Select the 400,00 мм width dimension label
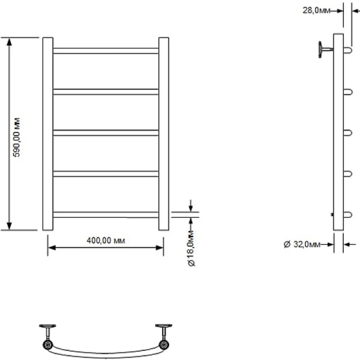pyautogui.click(x=106, y=241)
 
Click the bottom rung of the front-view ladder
pyautogui.click(x=106, y=214)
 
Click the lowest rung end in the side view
pyautogui.click(x=347, y=214)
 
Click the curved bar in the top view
pyautogui.click(x=105, y=351)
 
